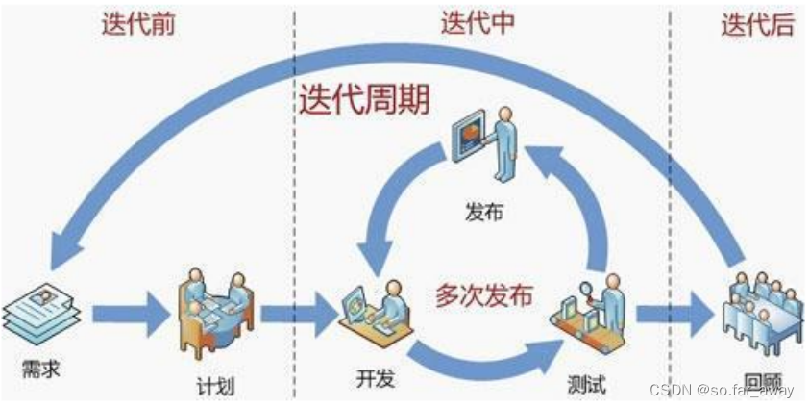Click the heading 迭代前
[x=138, y=26]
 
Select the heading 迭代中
[x=478, y=25]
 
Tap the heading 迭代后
[x=758, y=26]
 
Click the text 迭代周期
[x=363, y=100]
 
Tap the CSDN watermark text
[x=722, y=390]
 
